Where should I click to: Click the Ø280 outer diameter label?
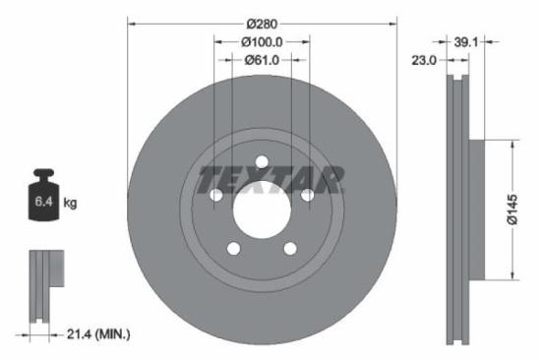262,22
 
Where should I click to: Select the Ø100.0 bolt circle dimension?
262,41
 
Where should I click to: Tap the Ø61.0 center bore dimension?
262,60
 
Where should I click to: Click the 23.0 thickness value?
425,60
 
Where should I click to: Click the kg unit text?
71,203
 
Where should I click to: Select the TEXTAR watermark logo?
271,180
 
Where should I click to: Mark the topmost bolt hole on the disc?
262,162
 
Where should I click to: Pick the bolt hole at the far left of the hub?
216,196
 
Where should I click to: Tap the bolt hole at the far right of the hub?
307,196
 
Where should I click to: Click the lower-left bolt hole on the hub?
233,249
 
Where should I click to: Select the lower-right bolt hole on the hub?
290,249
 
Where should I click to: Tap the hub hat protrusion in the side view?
476,210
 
